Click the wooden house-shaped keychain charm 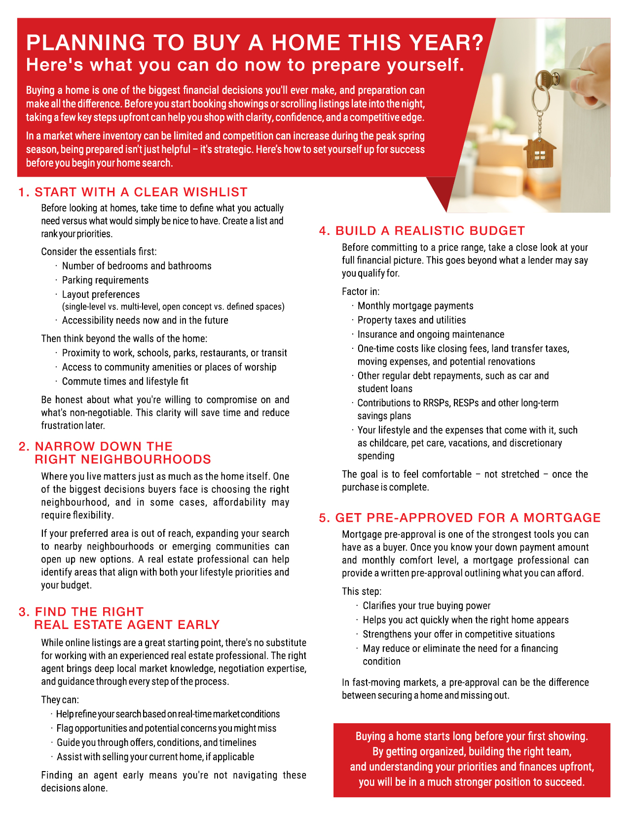[x=540, y=153]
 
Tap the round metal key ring [x=541, y=98]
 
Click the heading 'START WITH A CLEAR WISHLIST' [x=141, y=192]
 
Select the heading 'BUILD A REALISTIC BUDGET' [x=430, y=230]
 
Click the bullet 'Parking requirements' [x=105, y=280]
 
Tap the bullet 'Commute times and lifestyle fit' [x=125, y=381]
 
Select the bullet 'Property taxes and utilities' [x=411, y=320]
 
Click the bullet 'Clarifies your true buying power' [x=426, y=606]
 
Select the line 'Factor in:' [x=361, y=292]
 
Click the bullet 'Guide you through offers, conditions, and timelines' [x=156, y=742]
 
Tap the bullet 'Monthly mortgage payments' [x=415, y=306]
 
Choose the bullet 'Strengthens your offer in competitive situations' [x=458, y=634]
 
